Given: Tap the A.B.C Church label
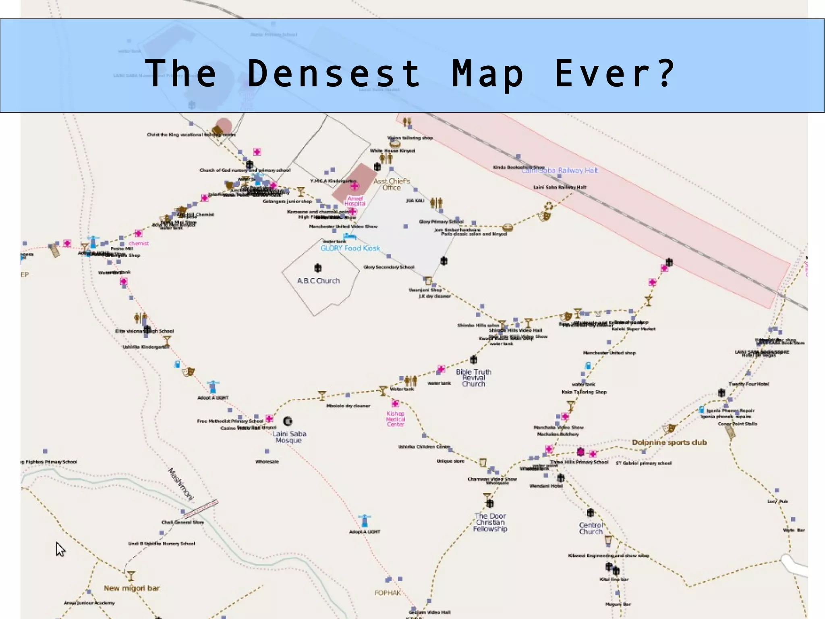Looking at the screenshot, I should coord(318,281).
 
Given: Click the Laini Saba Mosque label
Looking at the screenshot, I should coord(289,437).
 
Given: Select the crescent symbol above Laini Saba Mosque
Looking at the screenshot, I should coord(287,421).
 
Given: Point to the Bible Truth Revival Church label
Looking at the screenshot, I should coord(473,378).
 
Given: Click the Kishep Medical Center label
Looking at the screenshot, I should coord(395,419).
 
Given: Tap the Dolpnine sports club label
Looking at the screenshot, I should coord(669,442).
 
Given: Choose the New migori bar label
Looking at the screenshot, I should coord(132,588).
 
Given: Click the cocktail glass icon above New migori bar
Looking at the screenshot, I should coord(131,575).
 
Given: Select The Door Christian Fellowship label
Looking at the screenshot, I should coord(490,522).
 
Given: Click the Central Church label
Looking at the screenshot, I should coord(591,528).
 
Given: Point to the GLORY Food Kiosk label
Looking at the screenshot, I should coord(350,248).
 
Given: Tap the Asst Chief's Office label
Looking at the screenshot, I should coord(392,184).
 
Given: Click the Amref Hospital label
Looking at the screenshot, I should coord(355,201).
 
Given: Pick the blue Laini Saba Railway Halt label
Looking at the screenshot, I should coord(560,171).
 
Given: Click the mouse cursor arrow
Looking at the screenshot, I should coord(60,549).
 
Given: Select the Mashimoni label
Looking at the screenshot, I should coord(180,484).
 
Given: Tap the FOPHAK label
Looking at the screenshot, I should coord(388,593).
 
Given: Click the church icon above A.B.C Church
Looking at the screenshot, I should coord(318,268).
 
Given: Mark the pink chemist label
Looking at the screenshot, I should coord(139,243).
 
